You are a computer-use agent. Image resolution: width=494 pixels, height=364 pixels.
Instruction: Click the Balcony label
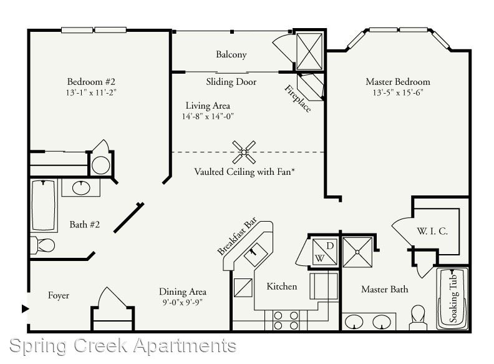pyautogui.click(x=231, y=54)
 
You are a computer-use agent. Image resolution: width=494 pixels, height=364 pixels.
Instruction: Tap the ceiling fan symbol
pyautogui.click(x=244, y=152)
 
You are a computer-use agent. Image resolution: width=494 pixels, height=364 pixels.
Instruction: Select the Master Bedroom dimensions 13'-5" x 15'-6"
pyautogui.click(x=397, y=92)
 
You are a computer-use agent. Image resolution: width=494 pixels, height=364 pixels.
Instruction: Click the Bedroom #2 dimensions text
pyautogui.click(x=91, y=92)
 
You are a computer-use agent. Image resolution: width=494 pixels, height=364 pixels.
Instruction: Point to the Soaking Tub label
pyautogui.click(x=453, y=298)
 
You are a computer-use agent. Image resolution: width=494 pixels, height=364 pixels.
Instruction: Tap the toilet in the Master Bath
pyautogui.click(x=418, y=317)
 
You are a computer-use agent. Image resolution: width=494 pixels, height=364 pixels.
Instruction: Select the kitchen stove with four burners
pyautogui.click(x=286, y=320)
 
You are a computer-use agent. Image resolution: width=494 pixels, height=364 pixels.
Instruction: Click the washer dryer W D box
pyautogui.click(x=324, y=252)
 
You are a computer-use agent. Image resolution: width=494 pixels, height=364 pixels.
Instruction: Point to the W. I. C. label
pyautogui.click(x=432, y=231)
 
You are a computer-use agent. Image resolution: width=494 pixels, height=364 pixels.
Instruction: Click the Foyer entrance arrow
pyautogui.click(x=25, y=308)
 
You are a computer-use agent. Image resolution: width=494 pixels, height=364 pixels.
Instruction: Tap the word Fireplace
pyautogui.click(x=298, y=99)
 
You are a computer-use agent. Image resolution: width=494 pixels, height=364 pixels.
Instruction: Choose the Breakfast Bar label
pyautogui.click(x=237, y=235)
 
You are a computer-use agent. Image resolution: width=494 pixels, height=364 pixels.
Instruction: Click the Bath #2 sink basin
pyautogui.click(x=81, y=188)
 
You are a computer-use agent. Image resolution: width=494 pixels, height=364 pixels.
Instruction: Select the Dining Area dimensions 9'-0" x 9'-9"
pyautogui.click(x=182, y=302)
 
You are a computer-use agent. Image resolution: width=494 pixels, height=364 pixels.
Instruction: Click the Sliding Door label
pyautogui.click(x=231, y=82)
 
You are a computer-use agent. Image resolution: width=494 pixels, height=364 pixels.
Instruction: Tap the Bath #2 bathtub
pyautogui.click(x=44, y=205)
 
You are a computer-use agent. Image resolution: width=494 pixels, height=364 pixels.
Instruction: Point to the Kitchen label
pyautogui.click(x=282, y=287)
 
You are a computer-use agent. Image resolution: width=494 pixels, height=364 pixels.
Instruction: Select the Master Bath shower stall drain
pyautogui.click(x=357, y=252)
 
